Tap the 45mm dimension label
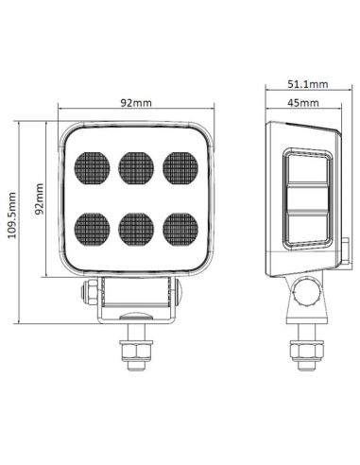pyautogui.click(x=302, y=103)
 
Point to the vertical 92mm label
pyautogui.click(x=41, y=198)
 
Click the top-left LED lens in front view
pyautogui.click(x=92, y=167)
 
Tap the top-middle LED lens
pyautogui.click(x=136, y=167)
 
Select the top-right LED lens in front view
pyautogui.click(x=180, y=167)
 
